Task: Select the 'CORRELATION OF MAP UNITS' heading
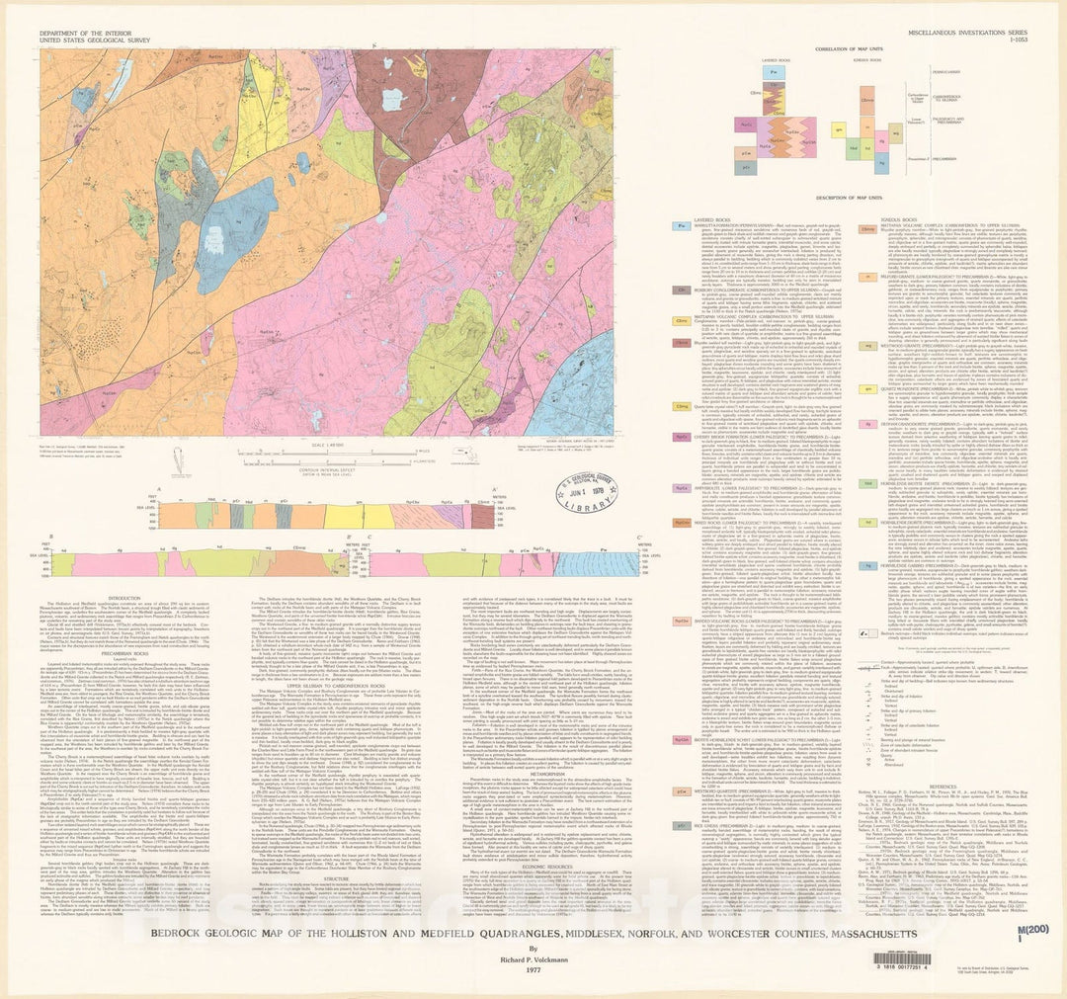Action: point(849,47)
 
